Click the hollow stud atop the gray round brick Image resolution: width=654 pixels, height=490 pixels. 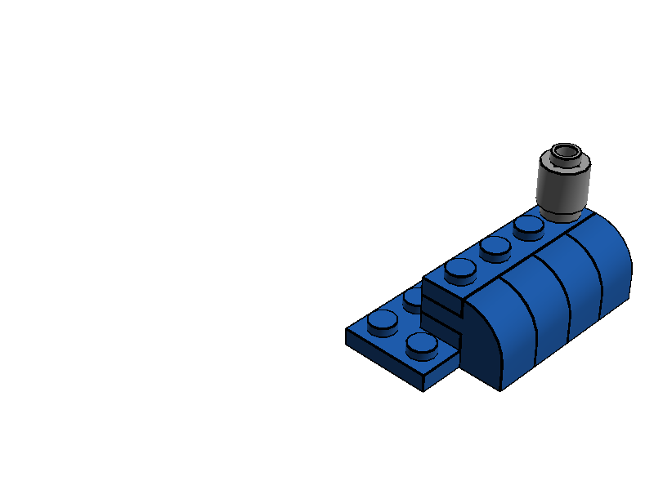(565, 153)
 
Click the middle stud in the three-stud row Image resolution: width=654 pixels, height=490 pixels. (495, 247)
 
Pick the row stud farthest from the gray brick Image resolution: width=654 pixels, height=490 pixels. (460, 269)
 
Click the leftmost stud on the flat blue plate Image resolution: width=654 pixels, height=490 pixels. (382, 323)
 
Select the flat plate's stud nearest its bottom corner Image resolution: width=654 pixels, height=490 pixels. (422, 345)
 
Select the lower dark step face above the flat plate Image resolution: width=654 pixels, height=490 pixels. (441, 327)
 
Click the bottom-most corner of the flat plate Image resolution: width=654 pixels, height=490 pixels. (423, 390)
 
